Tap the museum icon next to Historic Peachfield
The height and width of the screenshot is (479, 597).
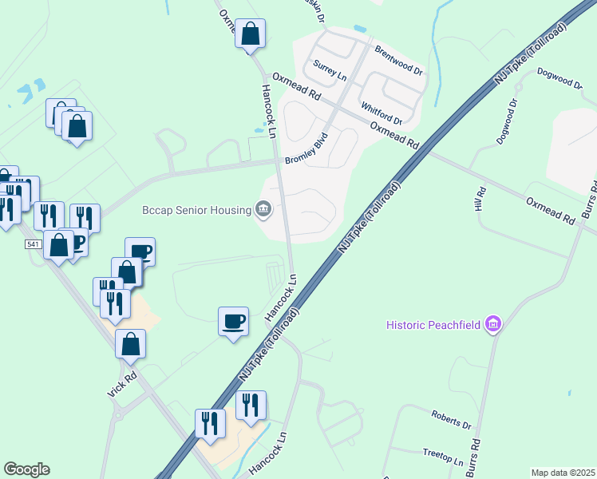coord(493,325)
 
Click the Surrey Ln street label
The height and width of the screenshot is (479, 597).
coord(330,70)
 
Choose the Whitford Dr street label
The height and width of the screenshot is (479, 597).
coord(381,113)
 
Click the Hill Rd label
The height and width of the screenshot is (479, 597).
coord(480,200)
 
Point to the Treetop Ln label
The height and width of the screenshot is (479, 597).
coord(443,457)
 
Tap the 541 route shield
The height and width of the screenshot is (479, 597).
coord(33,243)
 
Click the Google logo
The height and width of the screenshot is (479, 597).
coord(26,469)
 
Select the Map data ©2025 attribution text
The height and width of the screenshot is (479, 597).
coord(562,473)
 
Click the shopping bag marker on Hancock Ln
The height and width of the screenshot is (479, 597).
coord(250,34)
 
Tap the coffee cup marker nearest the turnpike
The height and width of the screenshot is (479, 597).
coord(232,322)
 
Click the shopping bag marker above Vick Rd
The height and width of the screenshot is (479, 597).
coord(131,344)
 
